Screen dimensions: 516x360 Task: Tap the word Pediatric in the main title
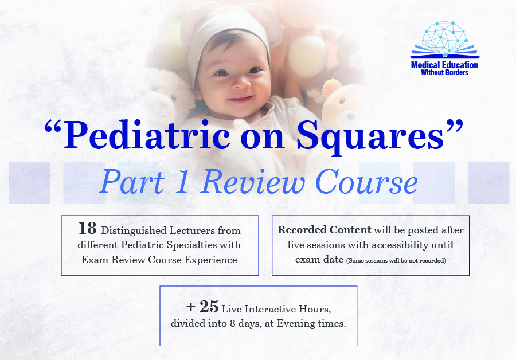(x=147, y=135)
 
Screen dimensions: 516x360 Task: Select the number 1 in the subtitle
(x=182, y=182)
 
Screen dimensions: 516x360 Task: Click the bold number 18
(x=88, y=228)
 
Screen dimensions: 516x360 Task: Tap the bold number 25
(x=209, y=307)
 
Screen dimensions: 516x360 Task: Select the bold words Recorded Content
(x=325, y=230)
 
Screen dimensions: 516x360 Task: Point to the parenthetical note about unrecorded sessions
(x=396, y=260)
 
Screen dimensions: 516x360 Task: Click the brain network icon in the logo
(x=445, y=37)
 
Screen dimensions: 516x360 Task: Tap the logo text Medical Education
(x=444, y=65)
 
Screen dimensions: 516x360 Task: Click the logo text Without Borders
(x=444, y=72)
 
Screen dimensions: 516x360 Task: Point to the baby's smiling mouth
(x=241, y=99)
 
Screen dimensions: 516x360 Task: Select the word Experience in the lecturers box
(x=210, y=260)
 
